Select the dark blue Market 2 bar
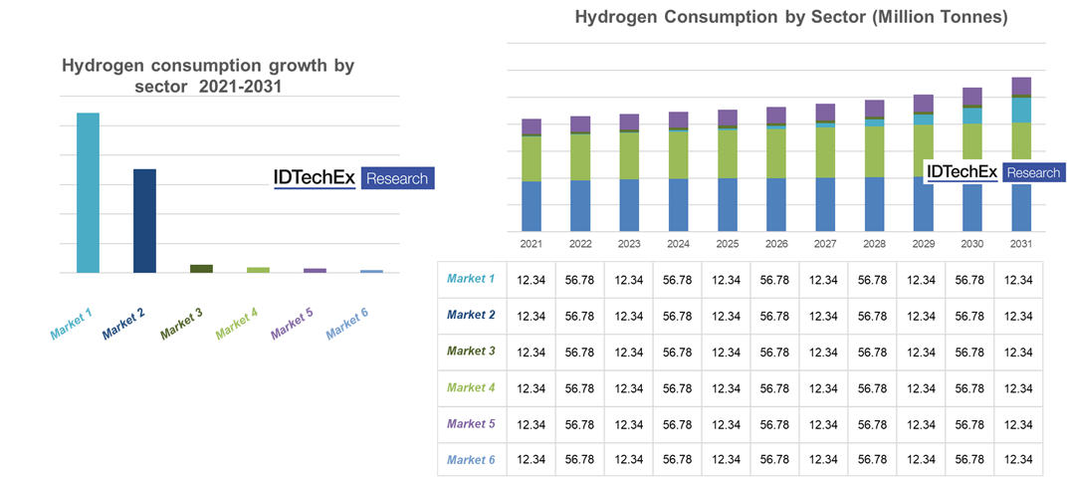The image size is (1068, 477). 144,220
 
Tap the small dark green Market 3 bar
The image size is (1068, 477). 201,268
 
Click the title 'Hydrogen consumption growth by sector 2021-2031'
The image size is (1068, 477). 208,75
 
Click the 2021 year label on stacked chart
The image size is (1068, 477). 531,244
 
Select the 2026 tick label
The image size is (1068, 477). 775,244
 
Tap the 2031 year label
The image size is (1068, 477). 1020,244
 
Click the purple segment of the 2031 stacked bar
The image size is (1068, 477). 1020,87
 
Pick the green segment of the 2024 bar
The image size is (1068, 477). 678,154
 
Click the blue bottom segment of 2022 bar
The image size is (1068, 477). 580,205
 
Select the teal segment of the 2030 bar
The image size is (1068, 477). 971,116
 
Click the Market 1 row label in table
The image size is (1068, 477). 471,279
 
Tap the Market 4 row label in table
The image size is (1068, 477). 471,387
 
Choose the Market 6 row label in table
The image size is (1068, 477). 471,459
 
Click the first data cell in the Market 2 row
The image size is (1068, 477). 530,316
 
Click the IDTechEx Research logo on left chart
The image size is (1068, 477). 353,178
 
